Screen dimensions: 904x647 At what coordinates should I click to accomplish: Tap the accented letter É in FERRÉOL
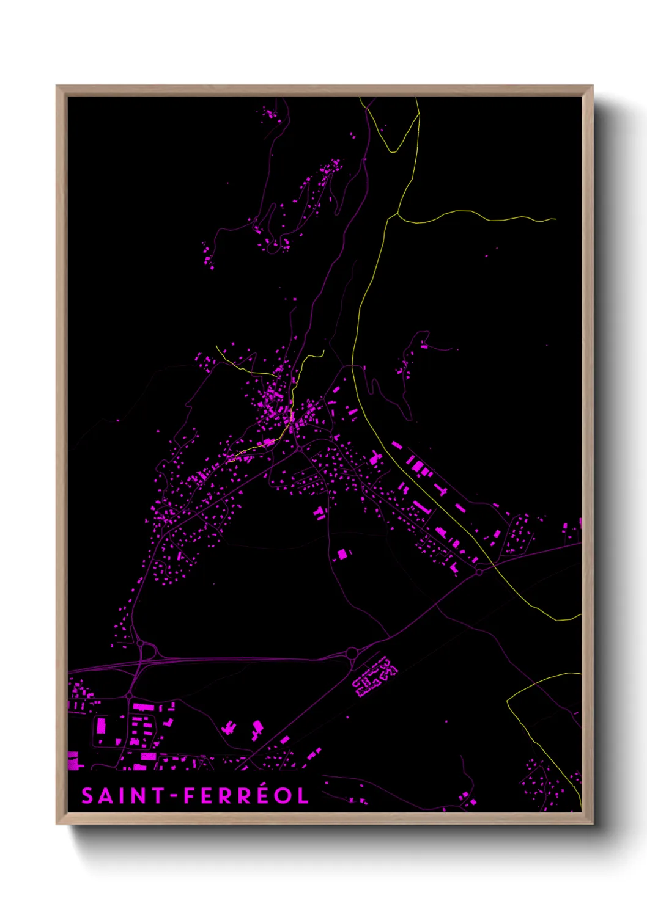261,795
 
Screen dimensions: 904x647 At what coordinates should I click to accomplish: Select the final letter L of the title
303,796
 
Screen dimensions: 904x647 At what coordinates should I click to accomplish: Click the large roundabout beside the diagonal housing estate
352,654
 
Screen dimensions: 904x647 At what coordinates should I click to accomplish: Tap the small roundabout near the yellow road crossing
479,572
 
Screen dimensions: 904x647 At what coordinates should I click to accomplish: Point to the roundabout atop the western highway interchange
140,643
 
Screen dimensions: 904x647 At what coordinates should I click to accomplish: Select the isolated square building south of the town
342,554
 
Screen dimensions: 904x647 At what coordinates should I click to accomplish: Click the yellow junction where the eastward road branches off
397,214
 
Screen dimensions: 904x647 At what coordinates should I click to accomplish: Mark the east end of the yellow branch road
555,219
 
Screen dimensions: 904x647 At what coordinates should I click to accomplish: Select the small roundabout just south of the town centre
299,448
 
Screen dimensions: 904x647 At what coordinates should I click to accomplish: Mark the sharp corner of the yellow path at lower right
508,700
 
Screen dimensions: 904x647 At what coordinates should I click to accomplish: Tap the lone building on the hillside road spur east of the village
424,346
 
